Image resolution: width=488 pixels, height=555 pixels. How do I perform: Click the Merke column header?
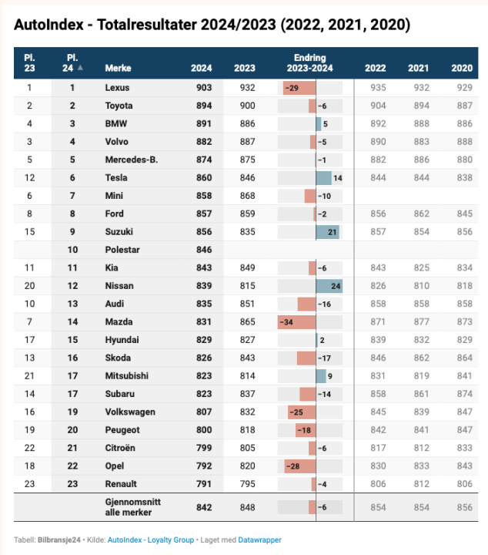tap(118, 68)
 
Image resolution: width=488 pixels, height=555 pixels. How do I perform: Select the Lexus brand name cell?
tap(117, 88)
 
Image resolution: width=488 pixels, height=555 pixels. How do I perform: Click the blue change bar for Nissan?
tap(329, 286)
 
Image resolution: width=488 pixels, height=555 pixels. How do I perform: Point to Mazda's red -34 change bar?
tap(297, 321)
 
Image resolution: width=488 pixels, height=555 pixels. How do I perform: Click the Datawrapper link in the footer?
tap(259, 540)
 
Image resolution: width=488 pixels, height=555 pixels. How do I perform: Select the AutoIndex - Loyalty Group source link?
tap(151, 540)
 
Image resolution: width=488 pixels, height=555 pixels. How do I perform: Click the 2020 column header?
tap(462, 68)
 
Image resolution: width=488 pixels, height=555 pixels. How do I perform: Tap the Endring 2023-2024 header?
tap(309, 62)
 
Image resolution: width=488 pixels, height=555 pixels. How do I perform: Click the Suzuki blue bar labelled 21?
tap(327, 232)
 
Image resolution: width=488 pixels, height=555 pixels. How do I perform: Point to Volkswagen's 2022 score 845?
tap(378, 412)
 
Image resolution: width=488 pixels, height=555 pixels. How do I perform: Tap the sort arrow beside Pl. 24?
tap(81, 68)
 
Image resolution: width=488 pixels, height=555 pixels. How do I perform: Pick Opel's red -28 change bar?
tap(299, 466)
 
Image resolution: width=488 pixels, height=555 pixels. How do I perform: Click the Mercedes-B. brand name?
tap(131, 160)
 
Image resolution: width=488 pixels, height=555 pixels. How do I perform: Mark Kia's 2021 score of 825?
tap(419, 267)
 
